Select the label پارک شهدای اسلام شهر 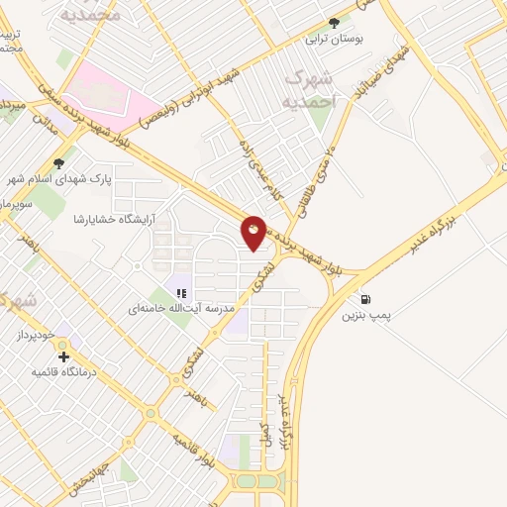[60, 179]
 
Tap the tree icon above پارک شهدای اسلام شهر [60, 162]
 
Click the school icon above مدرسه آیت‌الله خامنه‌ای [180, 292]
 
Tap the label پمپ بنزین [367, 316]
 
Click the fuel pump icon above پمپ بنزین [367, 299]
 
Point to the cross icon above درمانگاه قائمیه [64, 356]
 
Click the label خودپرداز [38, 338]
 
